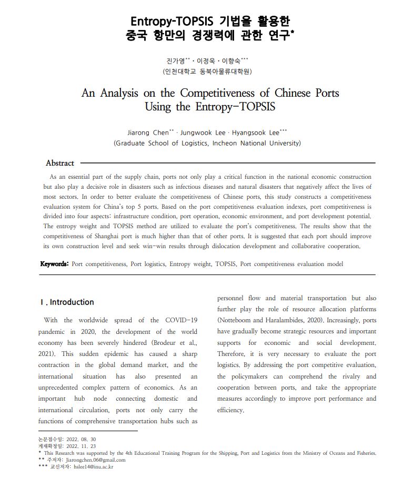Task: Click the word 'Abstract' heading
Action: tap(60, 163)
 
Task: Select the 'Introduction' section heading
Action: tap(72, 302)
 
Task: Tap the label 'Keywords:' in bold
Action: tap(55, 264)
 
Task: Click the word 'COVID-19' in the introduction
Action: tap(181, 320)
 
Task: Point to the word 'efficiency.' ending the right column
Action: tap(230, 410)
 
